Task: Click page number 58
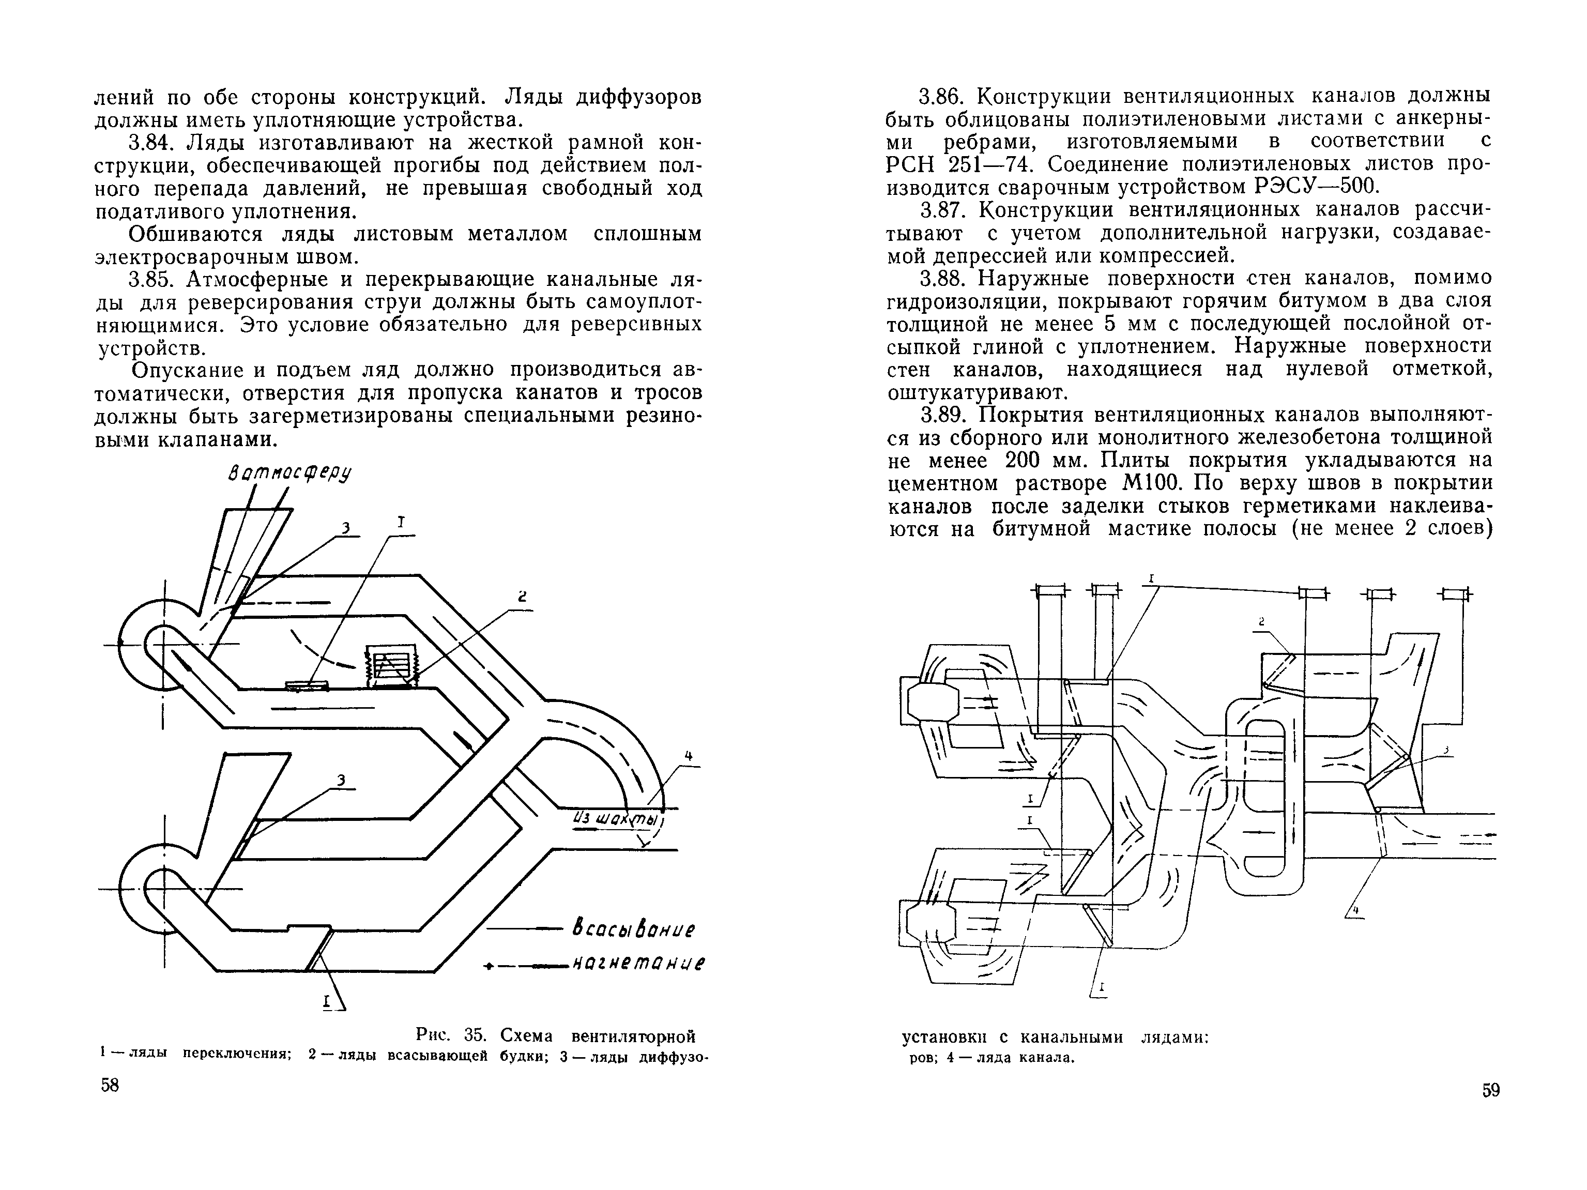click(x=110, y=1085)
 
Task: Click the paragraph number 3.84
click(x=152, y=143)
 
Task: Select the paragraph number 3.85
click(x=152, y=279)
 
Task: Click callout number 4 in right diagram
click(x=1355, y=911)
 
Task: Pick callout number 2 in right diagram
click(x=1261, y=622)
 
